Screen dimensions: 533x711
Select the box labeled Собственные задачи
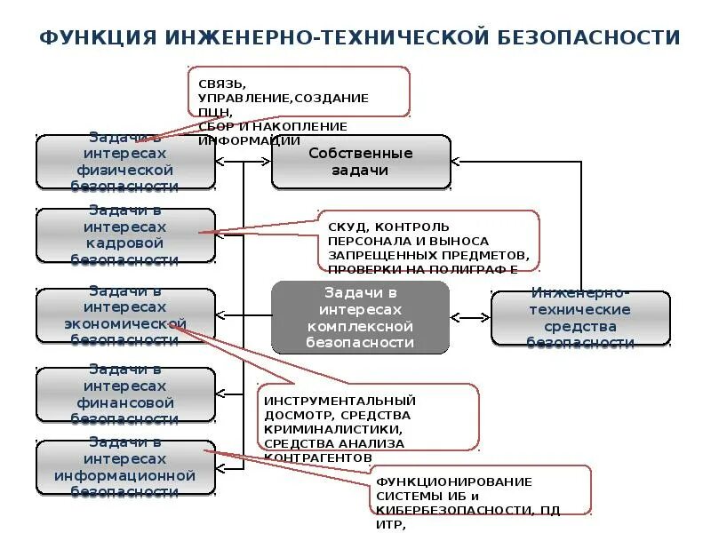click(x=361, y=162)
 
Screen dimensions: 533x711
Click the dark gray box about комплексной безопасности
click(x=360, y=317)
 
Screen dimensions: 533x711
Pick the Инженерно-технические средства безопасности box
click(x=580, y=317)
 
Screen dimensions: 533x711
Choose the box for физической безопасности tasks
click(x=125, y=163)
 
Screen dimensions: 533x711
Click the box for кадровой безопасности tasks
click(x=125, y=235)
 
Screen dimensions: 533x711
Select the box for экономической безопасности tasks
click(x=125, y=316)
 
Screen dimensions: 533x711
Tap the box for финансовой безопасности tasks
click(x=125, y=395)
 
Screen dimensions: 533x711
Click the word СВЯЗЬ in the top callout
click(x=217, y=84)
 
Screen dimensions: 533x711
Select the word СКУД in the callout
click(x=347, y=227)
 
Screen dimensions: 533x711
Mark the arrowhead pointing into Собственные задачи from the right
click(x=455, y=163)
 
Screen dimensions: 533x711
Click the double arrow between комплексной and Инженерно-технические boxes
click(x=470, y=317)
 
